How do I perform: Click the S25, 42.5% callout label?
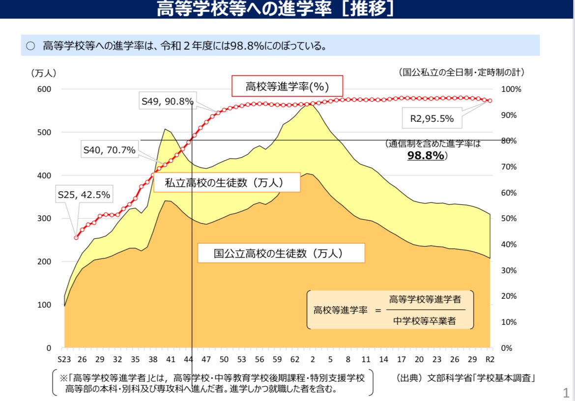pos(84,195)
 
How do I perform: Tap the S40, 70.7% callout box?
pos(110,149)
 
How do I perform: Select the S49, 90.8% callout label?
pos(167,101)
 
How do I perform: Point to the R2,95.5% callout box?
pos(431,118)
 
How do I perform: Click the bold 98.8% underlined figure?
pos(426,155)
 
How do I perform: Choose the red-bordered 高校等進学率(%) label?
pos(287,86)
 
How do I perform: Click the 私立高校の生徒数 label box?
pos(227,182)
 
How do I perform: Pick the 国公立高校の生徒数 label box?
pos(281,253)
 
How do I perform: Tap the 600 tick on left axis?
pos(44,89)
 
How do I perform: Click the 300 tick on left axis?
pos(44,219)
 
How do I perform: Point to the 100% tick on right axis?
pos(511,89)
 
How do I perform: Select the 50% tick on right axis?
pos(509,219)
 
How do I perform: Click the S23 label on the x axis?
pos(64,359)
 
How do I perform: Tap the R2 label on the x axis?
pos(490,359)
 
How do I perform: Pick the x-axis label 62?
pos(295,359)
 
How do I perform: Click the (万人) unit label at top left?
pos(44,73)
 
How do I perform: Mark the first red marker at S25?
pos(76,238)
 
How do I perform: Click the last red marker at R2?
pos(490,100)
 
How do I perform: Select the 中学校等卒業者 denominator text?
pos(424,321)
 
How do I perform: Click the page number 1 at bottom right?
pos(566,393)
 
